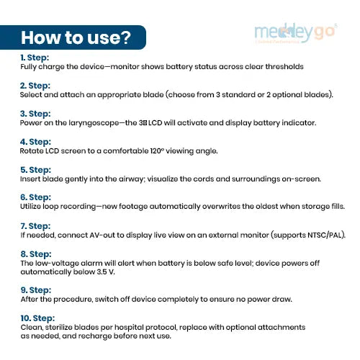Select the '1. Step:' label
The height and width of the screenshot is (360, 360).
click(35, 57)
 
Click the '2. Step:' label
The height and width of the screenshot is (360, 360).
click(36, 85)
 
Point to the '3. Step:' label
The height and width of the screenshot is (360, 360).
click(36, 113)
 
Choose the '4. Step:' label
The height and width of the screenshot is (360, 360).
click(36, 142)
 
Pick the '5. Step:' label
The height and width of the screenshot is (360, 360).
click(36, 170)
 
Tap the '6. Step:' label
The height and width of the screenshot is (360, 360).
click(36, 198)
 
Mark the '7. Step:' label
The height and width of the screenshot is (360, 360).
click(36, 226)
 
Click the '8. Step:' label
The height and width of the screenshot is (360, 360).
click(36, 254)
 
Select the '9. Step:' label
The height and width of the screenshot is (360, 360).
click(36, 289)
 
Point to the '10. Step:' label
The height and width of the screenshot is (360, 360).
click(37, 318)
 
